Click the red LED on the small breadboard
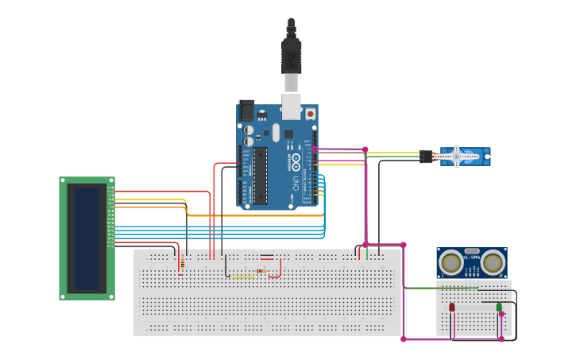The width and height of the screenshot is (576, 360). point(452,307)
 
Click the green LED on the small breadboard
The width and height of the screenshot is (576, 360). point(499,307)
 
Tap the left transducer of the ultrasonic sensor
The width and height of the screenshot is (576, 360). point(451,261)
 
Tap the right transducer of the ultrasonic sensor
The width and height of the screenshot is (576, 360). point(493,261)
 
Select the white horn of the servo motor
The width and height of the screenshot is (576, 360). point(457,157)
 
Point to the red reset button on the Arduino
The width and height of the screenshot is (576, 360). point(310,114)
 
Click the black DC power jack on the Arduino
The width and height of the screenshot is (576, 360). point(246,110)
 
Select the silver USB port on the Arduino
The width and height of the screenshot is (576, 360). point(292,106)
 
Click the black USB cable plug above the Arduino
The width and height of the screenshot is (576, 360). point(292,56)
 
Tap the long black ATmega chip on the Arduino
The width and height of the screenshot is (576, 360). point(261,175)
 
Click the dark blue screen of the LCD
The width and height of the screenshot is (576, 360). point(87,238)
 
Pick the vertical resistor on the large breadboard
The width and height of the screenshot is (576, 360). point(183,263)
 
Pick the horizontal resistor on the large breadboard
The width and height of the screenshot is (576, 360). point(261,270)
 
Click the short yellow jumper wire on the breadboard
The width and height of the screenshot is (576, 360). point(243,277)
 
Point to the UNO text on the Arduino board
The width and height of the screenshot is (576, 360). point(296,183)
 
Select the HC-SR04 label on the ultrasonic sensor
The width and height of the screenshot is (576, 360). point(472,257)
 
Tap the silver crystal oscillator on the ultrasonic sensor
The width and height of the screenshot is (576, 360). point(472,250)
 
